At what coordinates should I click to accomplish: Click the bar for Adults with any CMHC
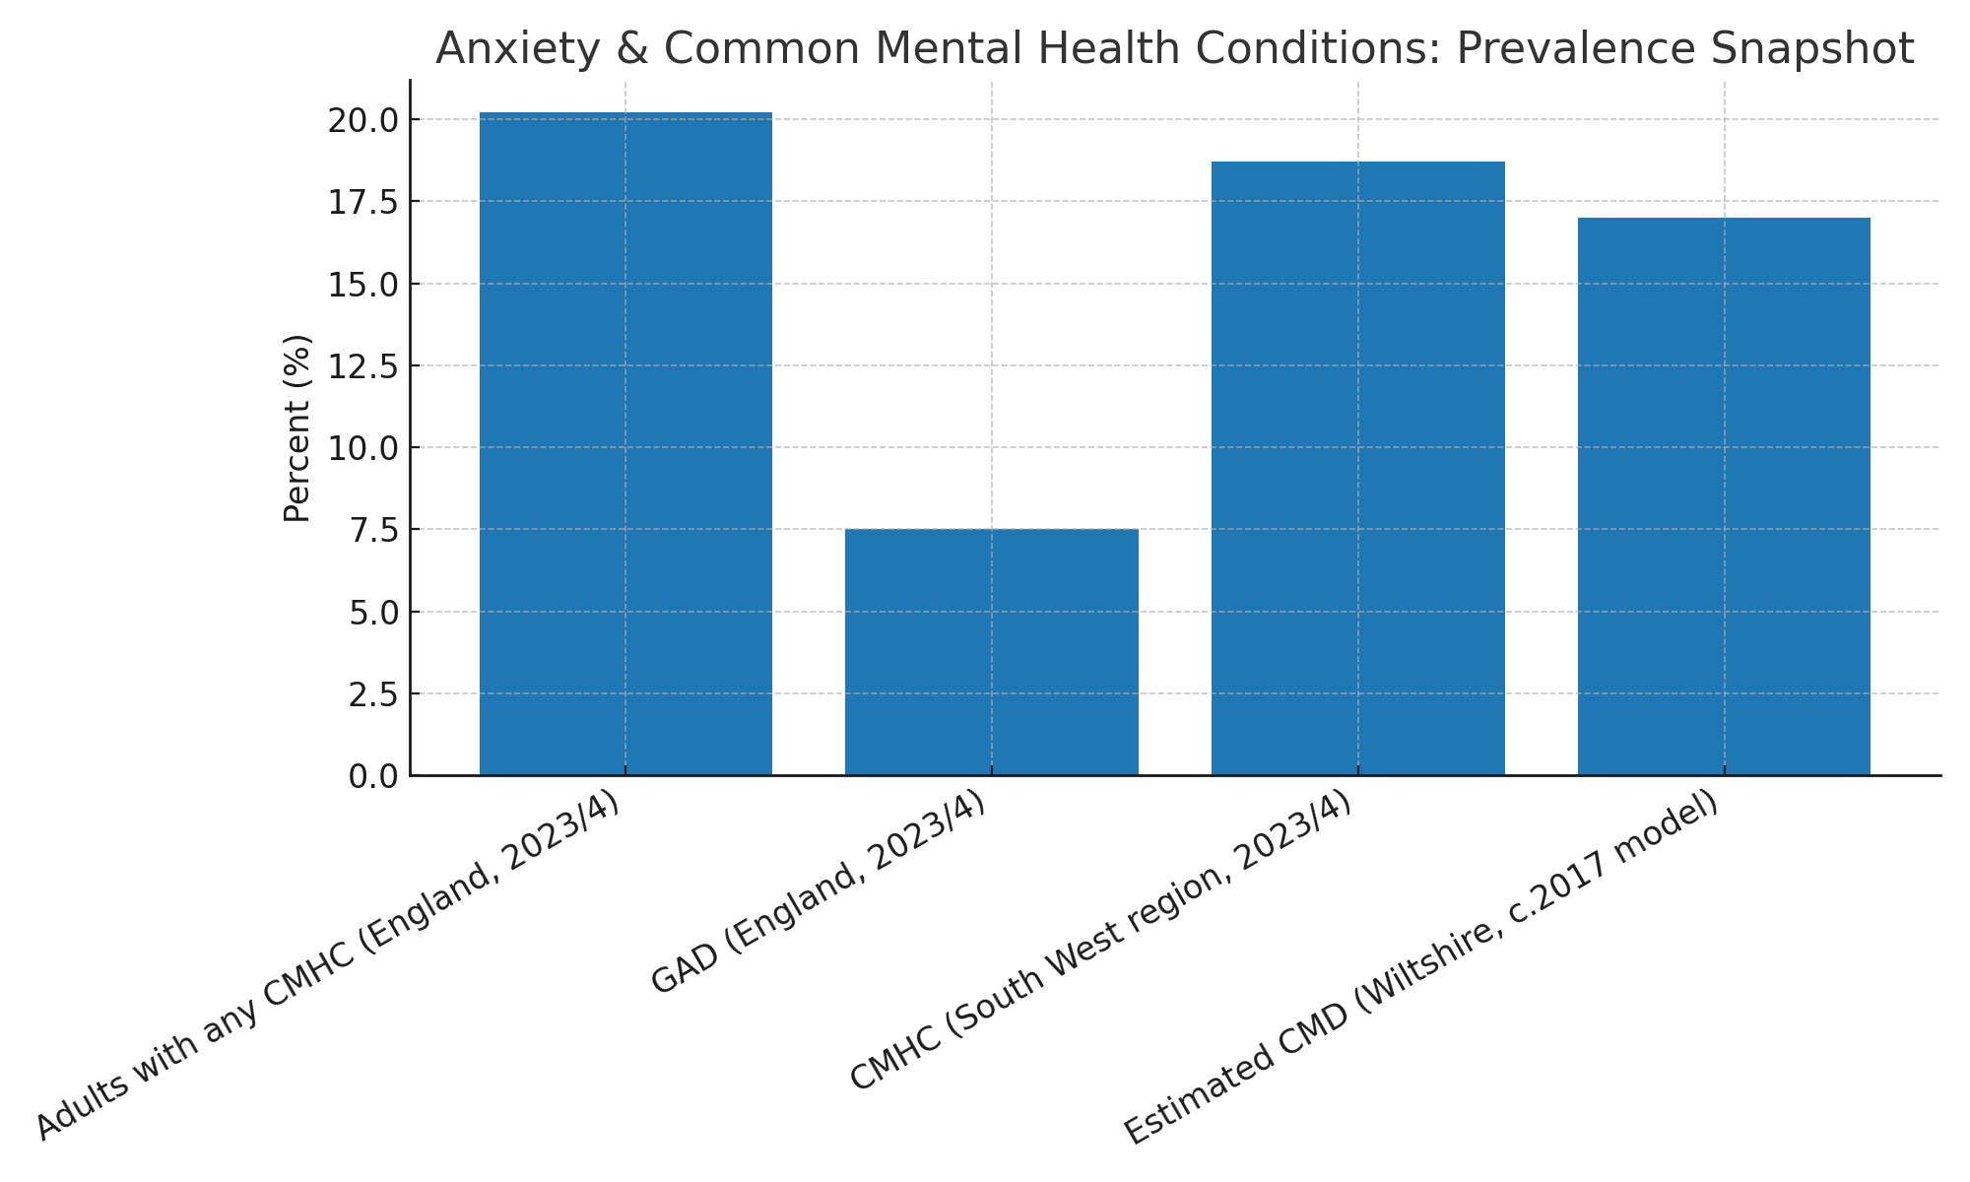625,443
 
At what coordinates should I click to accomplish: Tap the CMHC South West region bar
1358,468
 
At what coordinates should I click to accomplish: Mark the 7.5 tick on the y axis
372,530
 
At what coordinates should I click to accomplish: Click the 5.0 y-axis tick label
372,612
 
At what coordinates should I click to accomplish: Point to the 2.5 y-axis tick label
372,694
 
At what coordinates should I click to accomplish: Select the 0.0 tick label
372,776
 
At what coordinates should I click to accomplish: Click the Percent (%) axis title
296,428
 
